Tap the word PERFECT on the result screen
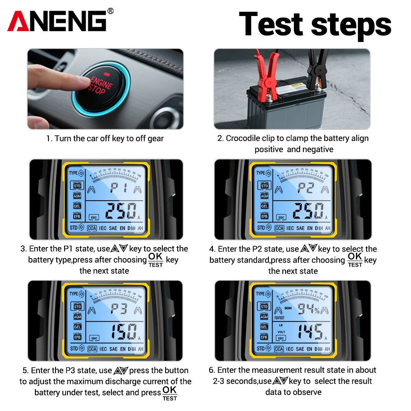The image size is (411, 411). pyautogui.click(x=279, y=317)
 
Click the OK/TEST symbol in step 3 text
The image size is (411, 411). pyautogui.click(x=156, y=260)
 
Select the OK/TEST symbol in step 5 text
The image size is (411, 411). pyautogui.click(x=170, y=393)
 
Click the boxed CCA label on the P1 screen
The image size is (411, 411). pyautogui.click(x=92, y=228)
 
